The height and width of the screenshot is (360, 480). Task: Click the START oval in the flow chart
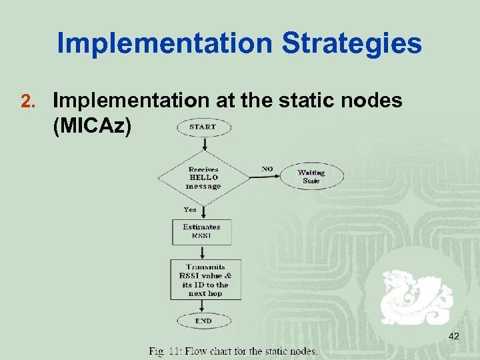pos(203,127)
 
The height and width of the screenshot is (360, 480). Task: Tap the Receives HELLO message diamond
pos(203,178)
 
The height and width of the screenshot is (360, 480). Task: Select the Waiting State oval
pos(311,177)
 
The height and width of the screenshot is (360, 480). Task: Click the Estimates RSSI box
pos(201,231)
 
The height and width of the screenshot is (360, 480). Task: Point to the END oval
pos(203,321)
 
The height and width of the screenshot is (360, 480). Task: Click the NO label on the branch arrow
pos(267,169)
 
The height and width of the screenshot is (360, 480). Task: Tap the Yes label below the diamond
pos(191,209)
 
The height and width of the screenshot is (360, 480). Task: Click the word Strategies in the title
pos(352,43)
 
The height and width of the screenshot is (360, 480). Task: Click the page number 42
pos(454,337)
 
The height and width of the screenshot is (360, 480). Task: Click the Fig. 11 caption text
pos(233,351)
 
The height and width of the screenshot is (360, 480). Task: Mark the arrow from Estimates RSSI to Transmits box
pos(202,251)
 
